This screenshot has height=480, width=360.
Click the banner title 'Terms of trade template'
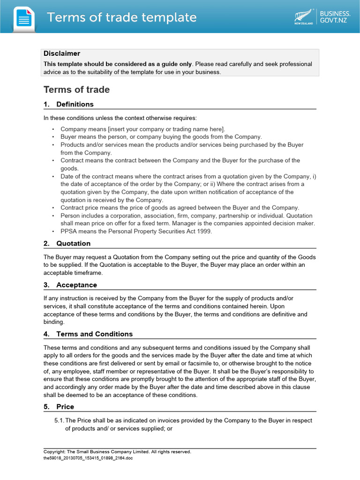121,18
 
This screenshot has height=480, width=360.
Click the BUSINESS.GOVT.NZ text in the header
335,17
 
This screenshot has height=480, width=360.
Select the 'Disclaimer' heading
62,53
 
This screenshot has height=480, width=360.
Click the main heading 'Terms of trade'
76,90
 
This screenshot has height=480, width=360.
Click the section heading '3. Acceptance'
70,285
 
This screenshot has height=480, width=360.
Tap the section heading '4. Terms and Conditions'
88,334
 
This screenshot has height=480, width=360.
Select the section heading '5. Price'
59,406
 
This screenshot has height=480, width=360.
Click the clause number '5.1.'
59,420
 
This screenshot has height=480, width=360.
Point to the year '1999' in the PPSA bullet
204,232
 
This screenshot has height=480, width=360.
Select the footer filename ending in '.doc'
88,458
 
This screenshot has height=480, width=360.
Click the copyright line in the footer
117,452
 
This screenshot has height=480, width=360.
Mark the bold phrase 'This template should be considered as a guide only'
118,64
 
